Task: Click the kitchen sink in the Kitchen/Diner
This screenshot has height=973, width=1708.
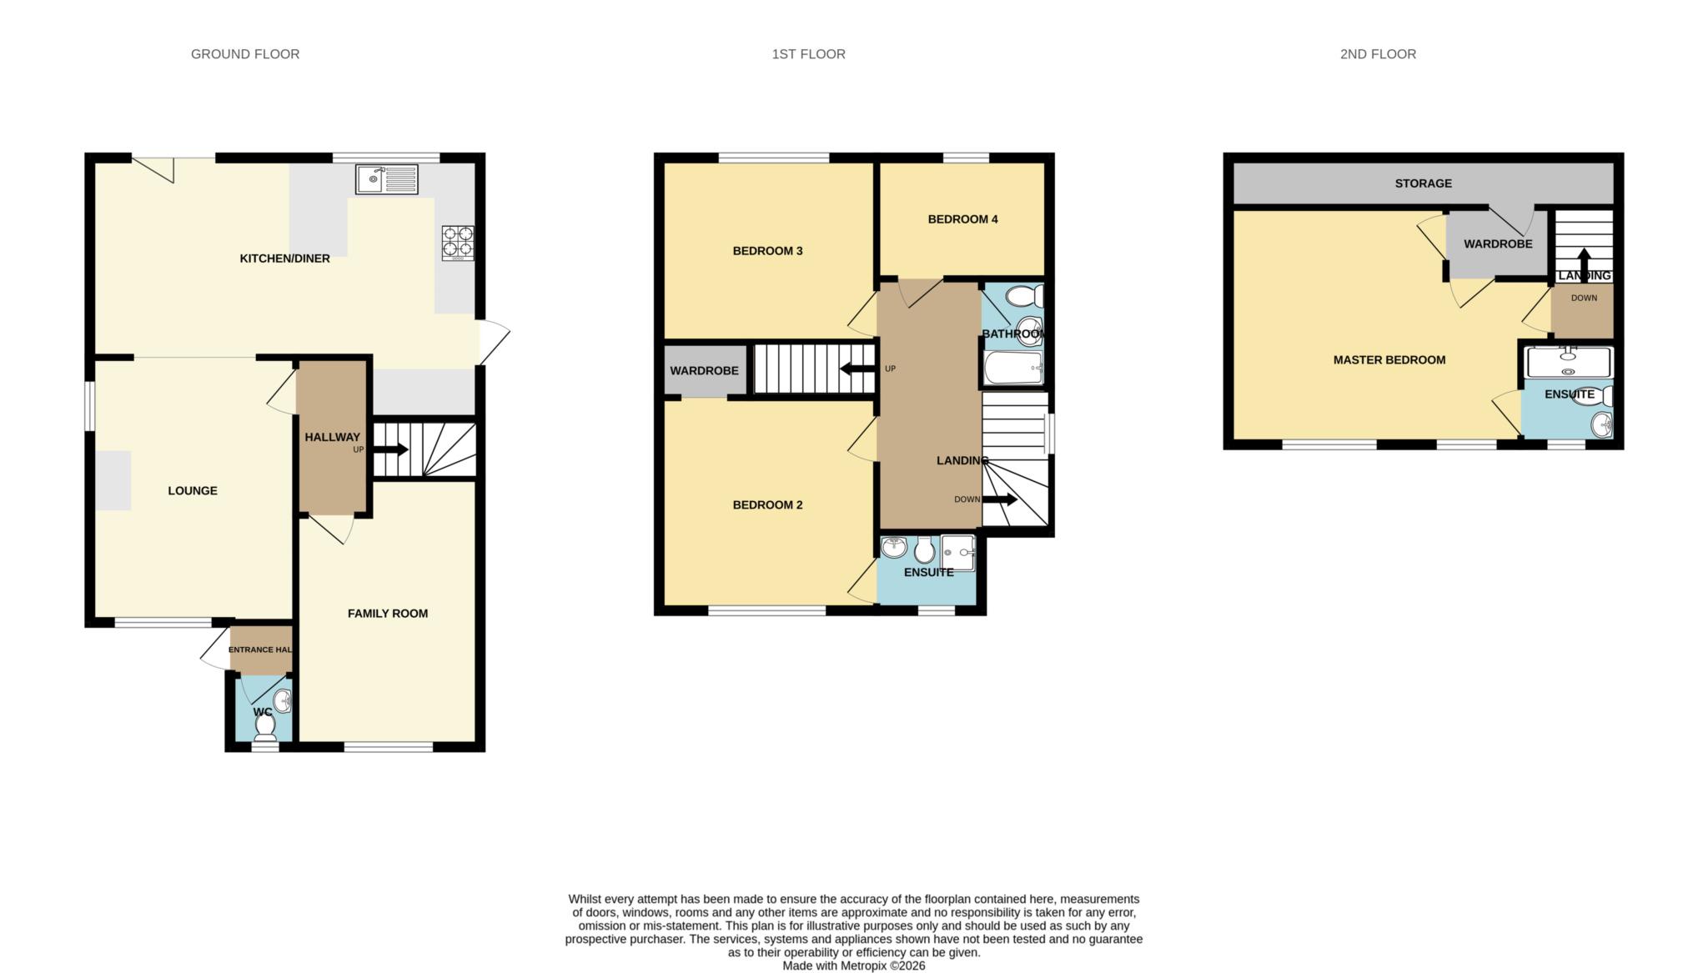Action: click(386, 179)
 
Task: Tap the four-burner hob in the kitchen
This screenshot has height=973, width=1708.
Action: click(457, 243)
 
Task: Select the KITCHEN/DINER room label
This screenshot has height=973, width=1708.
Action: click(284, 258)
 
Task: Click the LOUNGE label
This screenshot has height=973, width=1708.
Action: click(193, 491)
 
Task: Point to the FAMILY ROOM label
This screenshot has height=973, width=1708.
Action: click(388, 614)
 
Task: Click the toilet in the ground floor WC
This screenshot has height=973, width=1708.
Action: click(265, 727)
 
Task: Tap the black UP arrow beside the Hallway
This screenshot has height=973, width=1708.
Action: click(390, 449)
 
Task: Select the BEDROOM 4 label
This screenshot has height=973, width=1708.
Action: click(962, 219)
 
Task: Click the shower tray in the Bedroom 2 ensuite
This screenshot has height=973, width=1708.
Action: click(957, 552)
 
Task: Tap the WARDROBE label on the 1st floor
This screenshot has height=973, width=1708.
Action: click(704, 370)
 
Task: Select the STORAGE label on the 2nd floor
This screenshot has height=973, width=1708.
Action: click(1423, 183)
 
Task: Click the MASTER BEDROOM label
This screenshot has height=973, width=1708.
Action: click(1389, 360)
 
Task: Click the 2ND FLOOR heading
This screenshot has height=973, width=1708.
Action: click(1378, 54)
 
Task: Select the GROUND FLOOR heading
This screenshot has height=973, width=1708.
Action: click(245, 54)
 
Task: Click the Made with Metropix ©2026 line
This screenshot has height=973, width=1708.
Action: click(853, 965)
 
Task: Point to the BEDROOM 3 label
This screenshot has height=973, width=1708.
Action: click(767, 251)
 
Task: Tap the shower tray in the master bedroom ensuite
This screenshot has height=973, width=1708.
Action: click(1568, 364)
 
